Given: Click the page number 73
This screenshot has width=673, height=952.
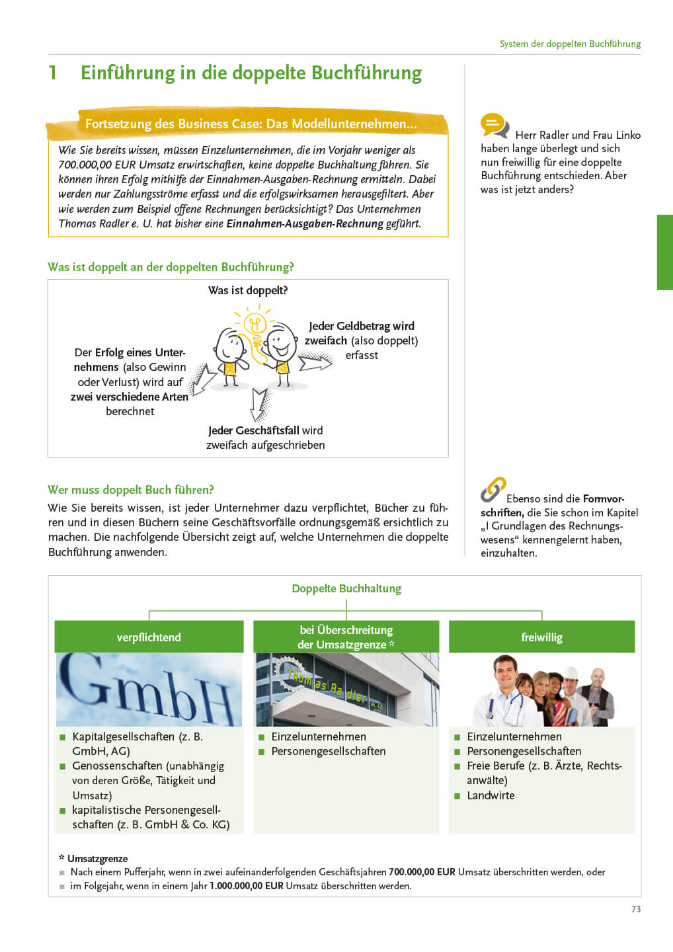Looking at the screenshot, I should click(x=635, y=909).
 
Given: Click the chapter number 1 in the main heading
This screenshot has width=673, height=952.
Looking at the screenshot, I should click(x=53, y=73).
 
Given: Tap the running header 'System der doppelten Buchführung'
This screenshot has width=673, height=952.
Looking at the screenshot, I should click(x=570, y=44).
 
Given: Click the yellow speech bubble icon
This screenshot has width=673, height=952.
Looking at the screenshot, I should click(x=494, y=125).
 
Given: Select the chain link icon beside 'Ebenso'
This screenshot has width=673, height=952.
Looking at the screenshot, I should click(x=493, y=490).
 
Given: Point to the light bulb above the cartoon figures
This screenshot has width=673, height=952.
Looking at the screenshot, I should click(x=255, y=323).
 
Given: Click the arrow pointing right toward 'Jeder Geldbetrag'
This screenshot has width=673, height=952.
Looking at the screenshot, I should click(x=315, y=361).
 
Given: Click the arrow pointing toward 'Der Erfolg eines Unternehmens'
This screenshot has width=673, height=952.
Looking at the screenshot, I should click(x=202, y=379).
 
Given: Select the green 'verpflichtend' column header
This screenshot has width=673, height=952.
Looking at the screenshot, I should click(x=149, y=637).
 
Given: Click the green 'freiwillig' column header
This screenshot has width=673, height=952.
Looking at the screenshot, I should click(x=541, y=637).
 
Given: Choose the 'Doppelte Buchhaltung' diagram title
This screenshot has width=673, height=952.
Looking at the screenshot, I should click(x=346, y=588).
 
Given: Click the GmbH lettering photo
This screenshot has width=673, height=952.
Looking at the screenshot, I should click(x=149, y=690).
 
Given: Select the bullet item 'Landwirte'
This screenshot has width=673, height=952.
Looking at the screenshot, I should click(x=491, y=795).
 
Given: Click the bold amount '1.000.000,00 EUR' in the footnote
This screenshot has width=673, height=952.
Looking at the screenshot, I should click(x=247, y=886).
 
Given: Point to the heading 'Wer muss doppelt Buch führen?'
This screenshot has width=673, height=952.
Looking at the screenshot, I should click(x=131, y=490).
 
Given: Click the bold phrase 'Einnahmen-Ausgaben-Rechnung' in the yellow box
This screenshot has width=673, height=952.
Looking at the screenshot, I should click(x=305, y=223).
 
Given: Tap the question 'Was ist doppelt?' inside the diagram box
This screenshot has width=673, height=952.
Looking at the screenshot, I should click(x=248, y=290).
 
